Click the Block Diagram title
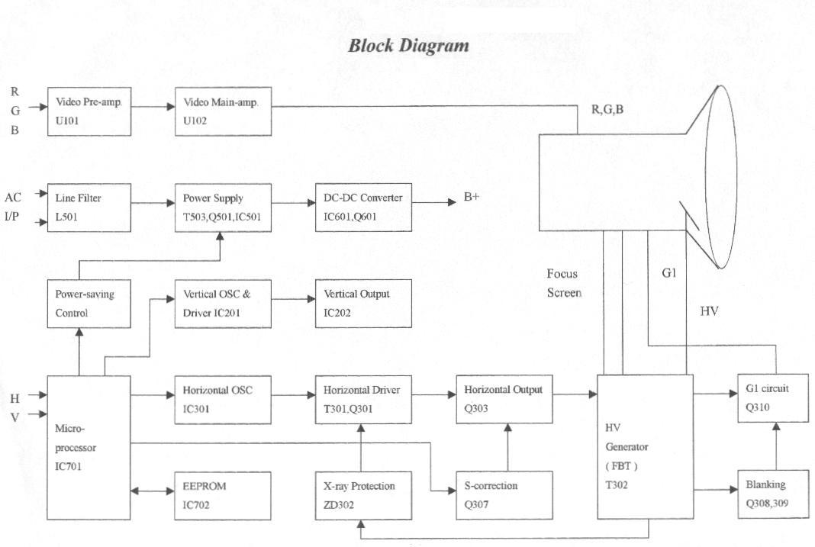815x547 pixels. pyautogui.click(x=408, y=46)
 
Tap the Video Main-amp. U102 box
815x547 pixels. pyautogui.click(x=223, y=111)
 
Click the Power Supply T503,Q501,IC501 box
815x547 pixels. pyautogui.click(x=223, y=206)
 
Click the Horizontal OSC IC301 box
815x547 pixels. pyautogui.click(x=223, y=399)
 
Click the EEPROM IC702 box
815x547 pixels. pyautogui.click(x=223, y=494)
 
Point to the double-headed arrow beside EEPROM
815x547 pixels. pyautogui.click(x=153, y=491)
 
